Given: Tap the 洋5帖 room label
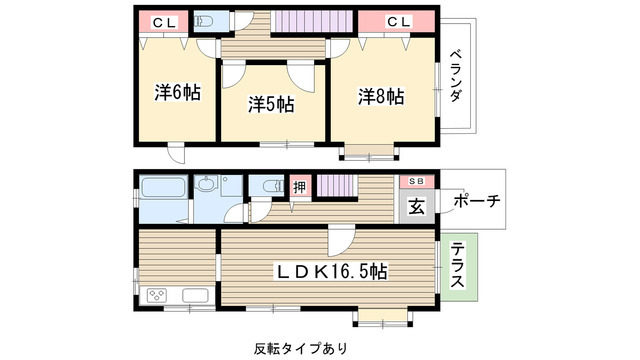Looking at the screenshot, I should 271,101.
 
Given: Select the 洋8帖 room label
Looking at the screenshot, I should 381,96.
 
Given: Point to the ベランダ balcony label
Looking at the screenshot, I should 455,76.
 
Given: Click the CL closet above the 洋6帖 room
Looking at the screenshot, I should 165,22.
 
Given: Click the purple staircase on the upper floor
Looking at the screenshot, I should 299,22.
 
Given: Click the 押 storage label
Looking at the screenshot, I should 299,186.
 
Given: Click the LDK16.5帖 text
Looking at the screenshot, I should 333,271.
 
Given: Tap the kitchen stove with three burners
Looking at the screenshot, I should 160,295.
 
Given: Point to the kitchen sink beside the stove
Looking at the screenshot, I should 194,295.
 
